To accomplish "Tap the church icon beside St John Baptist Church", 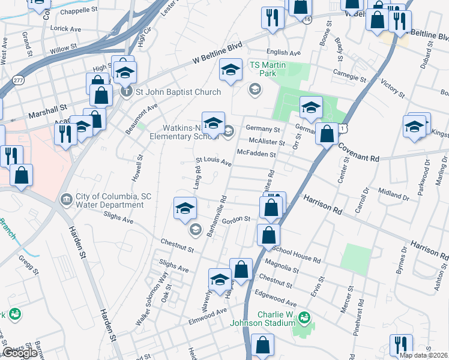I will [x=126, y=92].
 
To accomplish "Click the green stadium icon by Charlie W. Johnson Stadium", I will [x=304, y=316].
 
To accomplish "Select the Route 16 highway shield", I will [x=307, y=20].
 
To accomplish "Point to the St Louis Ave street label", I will [x=214, y=162].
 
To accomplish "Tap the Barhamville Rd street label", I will [x=217, y=215].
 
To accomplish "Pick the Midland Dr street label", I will [x=394, y=194].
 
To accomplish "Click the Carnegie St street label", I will [x=349, y=75].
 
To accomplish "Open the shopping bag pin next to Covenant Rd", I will [x=327, y=133].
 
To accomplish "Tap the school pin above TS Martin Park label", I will [x=231, y=70].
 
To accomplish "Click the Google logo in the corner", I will [x=20, y=352].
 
